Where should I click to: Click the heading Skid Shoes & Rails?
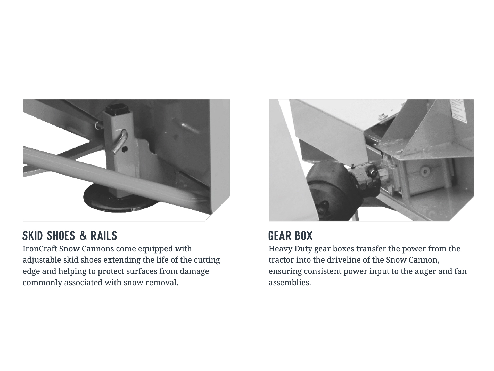[x=70, y=236]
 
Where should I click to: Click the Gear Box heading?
[x=290, y=236]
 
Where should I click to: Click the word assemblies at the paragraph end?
[x=290, y=282]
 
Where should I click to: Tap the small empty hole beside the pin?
[x=125, y=149]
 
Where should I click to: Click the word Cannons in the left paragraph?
[x=98, y=249]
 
